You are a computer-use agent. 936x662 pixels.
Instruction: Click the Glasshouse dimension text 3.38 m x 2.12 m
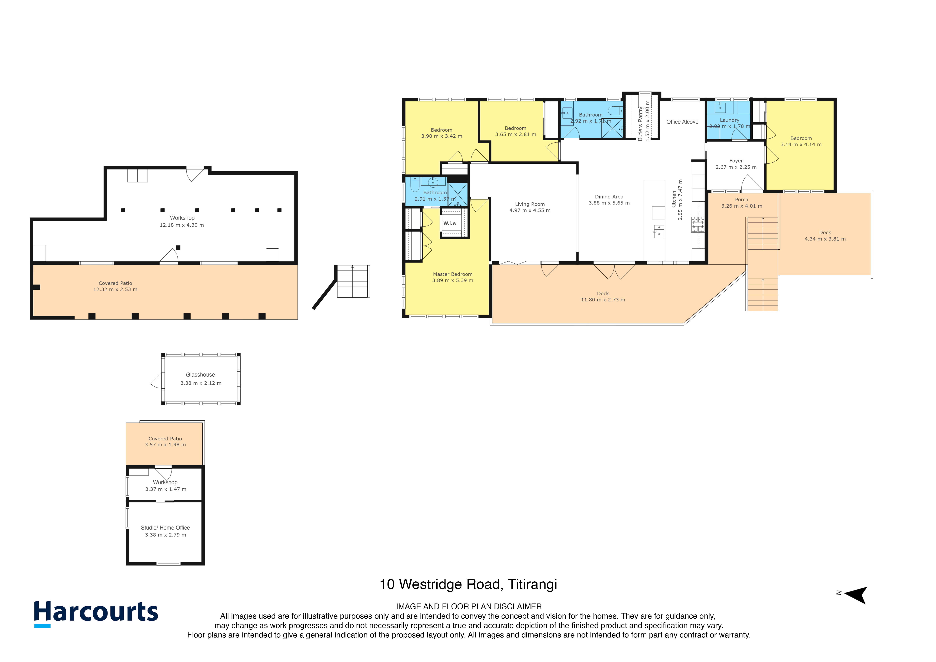click(201, 383)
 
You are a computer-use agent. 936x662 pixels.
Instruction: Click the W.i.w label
click(450, 223)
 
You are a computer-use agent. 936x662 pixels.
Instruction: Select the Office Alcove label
click(682, 122)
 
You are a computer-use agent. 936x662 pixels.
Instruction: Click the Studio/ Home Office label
click(165, 528)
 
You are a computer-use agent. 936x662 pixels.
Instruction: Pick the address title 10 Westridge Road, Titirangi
click(468, 585)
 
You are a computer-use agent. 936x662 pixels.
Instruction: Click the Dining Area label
click(609, 197)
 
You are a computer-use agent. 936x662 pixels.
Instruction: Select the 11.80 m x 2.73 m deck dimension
click(603, 300)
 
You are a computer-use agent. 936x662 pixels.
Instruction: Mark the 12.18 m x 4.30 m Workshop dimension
click(182, 225)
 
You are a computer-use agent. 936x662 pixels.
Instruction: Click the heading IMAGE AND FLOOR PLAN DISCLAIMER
click(469, 607)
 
